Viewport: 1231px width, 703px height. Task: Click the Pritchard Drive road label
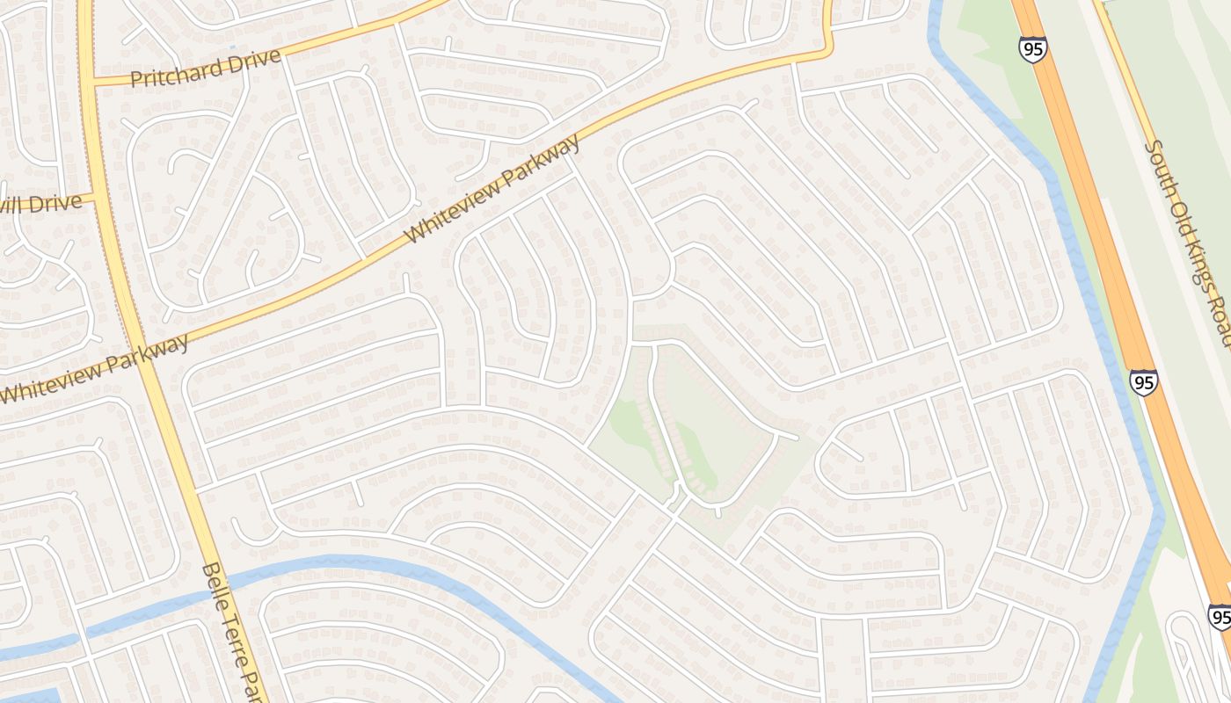(x=206, y=68)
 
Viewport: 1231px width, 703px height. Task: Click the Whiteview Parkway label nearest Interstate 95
(x=493, y=189)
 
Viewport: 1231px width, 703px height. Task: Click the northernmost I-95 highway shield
(x=1033, y=49)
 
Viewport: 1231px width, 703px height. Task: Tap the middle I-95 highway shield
(x=1143, y=382)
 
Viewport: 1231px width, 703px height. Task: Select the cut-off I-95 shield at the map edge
(x=1220, y=616)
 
